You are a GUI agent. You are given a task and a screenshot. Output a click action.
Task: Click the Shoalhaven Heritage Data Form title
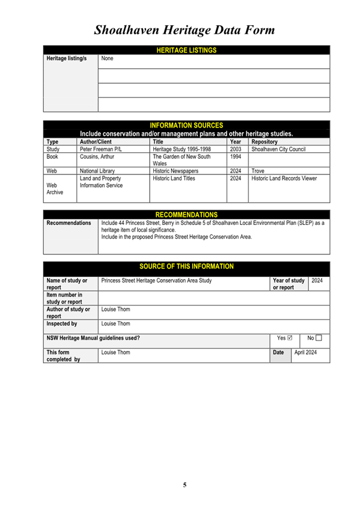185,29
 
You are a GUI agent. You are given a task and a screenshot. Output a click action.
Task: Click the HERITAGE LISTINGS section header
186,51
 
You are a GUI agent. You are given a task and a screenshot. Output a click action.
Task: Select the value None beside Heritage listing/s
108,59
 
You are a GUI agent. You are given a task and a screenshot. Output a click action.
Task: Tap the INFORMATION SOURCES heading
186,125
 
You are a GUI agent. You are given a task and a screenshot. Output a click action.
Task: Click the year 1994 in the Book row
236,157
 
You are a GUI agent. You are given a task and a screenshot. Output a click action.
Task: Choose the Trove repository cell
258,171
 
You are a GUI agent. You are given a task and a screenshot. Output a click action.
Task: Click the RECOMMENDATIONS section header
186,215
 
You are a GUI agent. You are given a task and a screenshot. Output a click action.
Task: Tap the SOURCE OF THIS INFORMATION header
186,266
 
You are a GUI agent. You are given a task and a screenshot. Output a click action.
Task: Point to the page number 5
185,485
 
